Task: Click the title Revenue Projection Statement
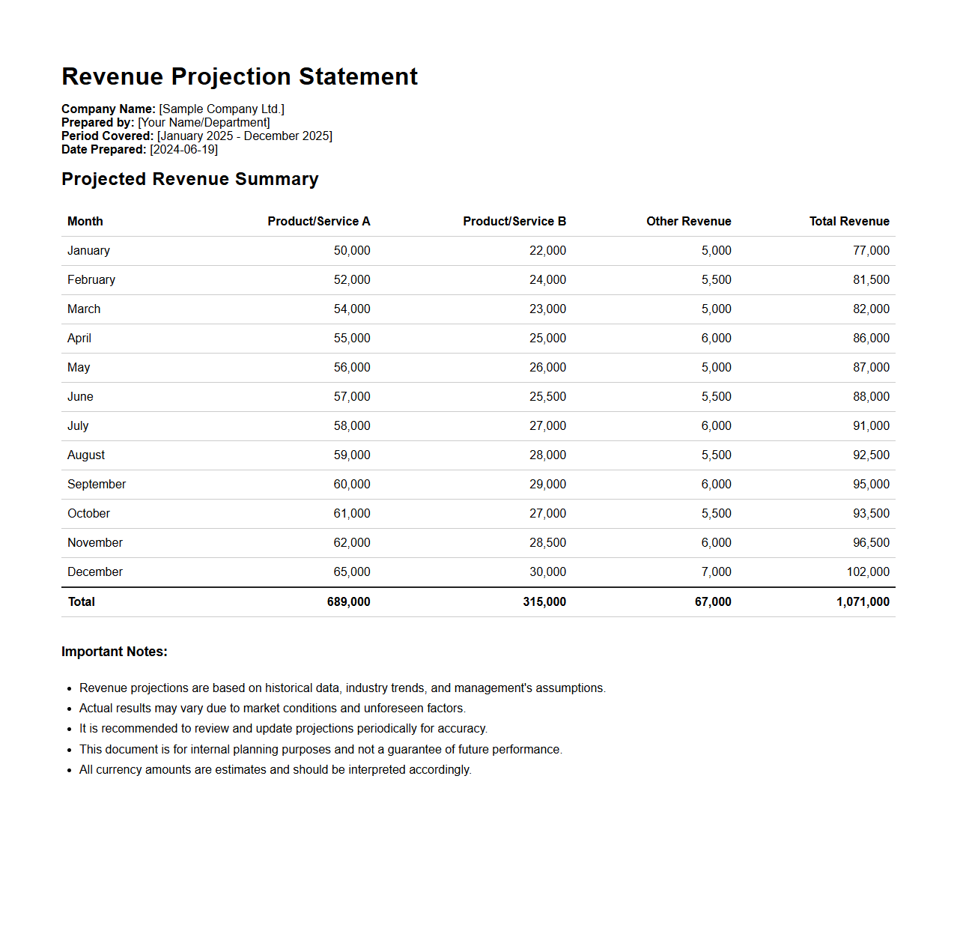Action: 240,76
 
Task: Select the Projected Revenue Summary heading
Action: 190,179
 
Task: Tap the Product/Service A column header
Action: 318,221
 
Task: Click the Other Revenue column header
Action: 688,221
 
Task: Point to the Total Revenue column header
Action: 848,221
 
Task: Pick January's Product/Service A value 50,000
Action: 352,250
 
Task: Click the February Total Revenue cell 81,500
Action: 871,279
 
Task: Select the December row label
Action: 95,571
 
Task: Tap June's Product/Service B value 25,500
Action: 547,396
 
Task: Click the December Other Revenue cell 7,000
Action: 716,571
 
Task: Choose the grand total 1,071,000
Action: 863,601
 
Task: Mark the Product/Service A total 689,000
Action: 348,601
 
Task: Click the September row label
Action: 97,484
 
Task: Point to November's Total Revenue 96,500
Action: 871,542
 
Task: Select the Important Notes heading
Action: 115,652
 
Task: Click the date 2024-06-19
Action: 184,150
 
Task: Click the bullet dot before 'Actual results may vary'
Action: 69,709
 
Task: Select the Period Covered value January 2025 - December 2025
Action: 245,136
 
